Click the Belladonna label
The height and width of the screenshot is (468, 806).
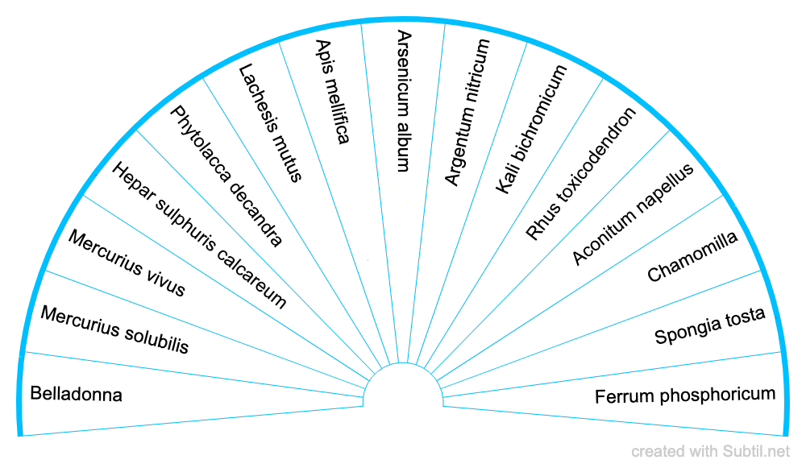pos(76,395)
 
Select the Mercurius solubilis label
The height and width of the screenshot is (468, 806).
pos(114,329)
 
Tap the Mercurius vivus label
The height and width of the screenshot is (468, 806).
pos(127,263)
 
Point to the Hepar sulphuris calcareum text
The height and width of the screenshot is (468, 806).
pos(198,234)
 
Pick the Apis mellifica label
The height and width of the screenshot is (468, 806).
pos(332,92)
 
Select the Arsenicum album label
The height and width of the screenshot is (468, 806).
pos(404,101)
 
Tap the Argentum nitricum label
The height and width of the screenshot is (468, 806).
pos(467,112)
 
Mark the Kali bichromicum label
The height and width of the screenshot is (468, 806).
pos(531,129)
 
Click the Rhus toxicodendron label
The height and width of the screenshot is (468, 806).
pos(580,173)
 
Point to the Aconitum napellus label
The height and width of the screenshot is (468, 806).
pos(633,213)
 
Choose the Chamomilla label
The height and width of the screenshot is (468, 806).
pos(692,257)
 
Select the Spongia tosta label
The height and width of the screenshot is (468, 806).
pos(709,325)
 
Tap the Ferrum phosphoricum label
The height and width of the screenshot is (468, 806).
pos(685,396)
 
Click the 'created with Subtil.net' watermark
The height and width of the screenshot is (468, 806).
pos(710,452)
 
